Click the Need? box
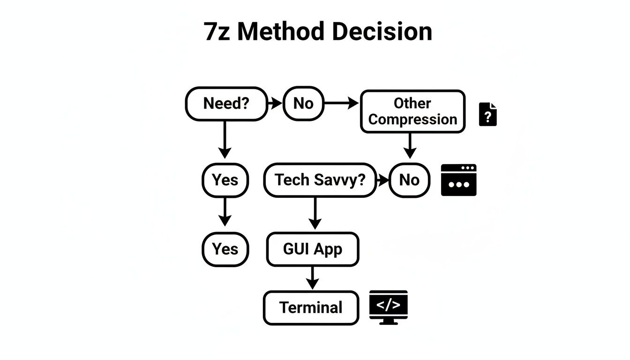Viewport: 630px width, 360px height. click(226, 104)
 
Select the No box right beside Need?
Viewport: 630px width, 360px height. click(303, 104)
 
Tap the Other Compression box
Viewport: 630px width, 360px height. click(412, 112)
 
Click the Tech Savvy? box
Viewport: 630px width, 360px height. click(320, 180)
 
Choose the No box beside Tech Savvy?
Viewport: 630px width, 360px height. click(409, 180)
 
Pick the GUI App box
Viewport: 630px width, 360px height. click(313, 249)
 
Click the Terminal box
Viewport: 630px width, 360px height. click(311, 307)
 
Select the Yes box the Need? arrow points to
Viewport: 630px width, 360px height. click(225, 180)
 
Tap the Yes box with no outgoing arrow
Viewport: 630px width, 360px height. click(225, 249)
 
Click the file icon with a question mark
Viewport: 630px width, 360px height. click(487, 114)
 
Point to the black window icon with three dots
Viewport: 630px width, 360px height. click(458, 180)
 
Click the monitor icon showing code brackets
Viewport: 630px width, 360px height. click(388, 307)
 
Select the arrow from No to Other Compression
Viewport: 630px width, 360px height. click(341, 104)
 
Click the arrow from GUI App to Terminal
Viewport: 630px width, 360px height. click(312, 278)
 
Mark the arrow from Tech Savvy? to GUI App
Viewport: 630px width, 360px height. click(315, 214)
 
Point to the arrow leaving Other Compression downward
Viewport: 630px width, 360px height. click(410, 146)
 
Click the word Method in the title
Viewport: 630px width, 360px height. click(280, 32)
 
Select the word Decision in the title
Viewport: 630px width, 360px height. click(382, 32)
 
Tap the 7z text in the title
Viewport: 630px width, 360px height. click(217, 32)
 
